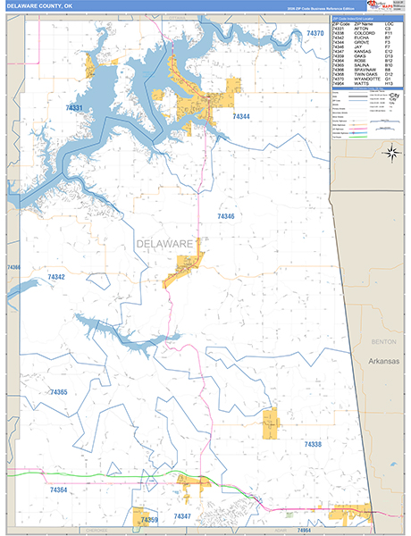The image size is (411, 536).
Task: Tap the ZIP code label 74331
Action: tap(74, 108)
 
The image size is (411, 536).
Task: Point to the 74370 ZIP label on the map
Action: tap(315, 33)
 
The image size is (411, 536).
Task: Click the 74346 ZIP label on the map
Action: tap(225, 216)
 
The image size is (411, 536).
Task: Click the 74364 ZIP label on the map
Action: tap(59, 490)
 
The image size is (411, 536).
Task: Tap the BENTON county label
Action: tap(382, 341)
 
